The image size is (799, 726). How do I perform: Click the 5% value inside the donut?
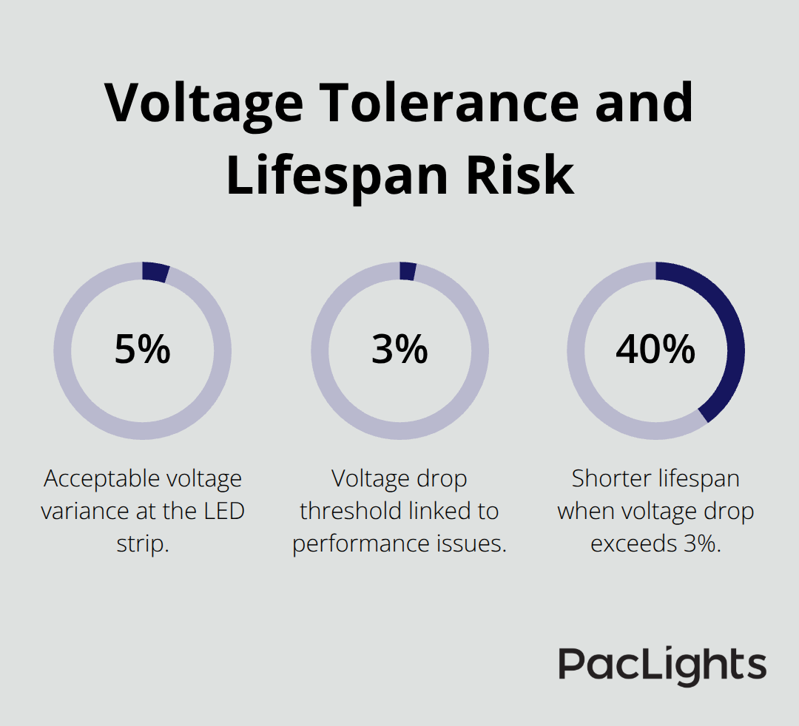coord(142,350)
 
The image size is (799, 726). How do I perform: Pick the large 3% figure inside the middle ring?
coord(399,350)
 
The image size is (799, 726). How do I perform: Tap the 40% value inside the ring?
coord(655,350)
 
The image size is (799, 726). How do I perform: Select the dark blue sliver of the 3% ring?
coord(407,271)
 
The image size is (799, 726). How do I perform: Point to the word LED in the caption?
coord(223,511)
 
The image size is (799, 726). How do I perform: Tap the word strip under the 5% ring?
coord(142,543)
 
